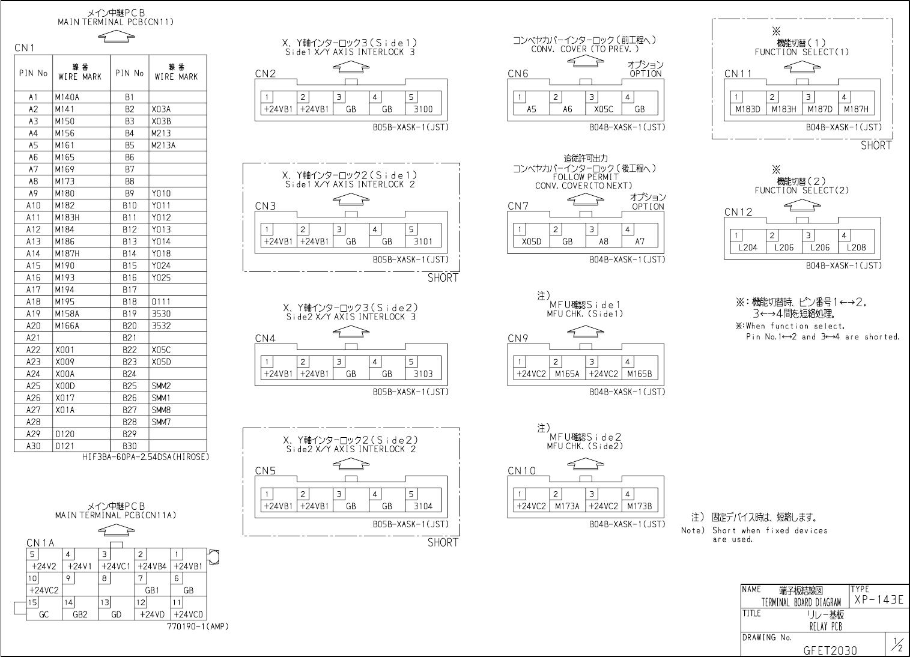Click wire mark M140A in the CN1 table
(x=67, y=97)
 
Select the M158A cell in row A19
(x=67, y=313)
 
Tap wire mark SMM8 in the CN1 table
(x=161, y=410)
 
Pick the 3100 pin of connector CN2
(x=423, y=109)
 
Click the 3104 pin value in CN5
(x=423, y=506)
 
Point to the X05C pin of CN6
(x=603, y=109)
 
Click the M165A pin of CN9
(x=567, y=374)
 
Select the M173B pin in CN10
(x=639, y=506)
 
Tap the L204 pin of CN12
(x=747, y=247)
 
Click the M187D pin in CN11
(x=820, y=109)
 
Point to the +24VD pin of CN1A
(x=152, y=615)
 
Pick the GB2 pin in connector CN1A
(x=80, y=615)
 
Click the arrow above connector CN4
(x=351, y=331)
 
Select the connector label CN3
(x=265, y=206)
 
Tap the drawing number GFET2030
(x=830, y=650)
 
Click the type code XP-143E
(x=878, y=600)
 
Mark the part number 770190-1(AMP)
(x=198, y=626)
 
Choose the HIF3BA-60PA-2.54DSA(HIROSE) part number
(x=146, y=457)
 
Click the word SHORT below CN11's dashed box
(x=876, y=145)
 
